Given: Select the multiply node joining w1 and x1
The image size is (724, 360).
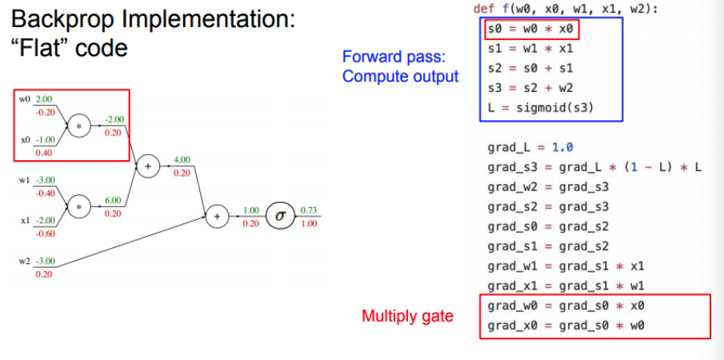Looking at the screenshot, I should point(78,206).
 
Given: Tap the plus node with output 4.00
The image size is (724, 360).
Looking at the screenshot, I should point(147,166).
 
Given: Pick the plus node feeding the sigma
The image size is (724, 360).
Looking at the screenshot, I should point(216,215).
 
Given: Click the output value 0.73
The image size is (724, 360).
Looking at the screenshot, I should point(308,210).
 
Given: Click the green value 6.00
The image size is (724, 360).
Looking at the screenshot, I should point(113,201).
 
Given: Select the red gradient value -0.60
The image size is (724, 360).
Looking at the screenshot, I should point(43,234).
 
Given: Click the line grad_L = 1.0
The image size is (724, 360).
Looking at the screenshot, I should point(529,148).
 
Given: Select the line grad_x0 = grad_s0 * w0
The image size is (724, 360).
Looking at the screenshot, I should point(566,326).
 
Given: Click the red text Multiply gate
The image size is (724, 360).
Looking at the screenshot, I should point(407,316).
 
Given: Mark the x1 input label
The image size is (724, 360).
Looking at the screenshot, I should point(24,220).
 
